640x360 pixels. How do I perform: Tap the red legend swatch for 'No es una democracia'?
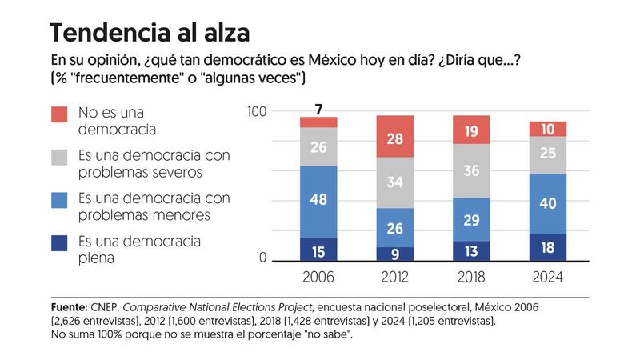59,114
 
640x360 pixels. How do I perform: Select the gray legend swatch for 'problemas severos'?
59,157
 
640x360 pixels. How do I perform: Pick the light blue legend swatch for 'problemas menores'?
59,200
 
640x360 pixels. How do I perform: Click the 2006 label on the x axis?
318,277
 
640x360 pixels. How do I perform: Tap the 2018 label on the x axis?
472,277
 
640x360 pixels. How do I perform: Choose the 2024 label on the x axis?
548,277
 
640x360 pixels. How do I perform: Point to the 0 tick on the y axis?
261,258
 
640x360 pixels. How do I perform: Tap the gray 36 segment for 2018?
472,170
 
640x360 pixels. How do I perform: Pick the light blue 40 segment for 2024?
548,203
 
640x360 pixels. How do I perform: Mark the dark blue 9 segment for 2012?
396,254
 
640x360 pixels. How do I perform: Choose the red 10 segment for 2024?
548,129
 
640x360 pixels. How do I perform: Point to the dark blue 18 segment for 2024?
548,247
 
